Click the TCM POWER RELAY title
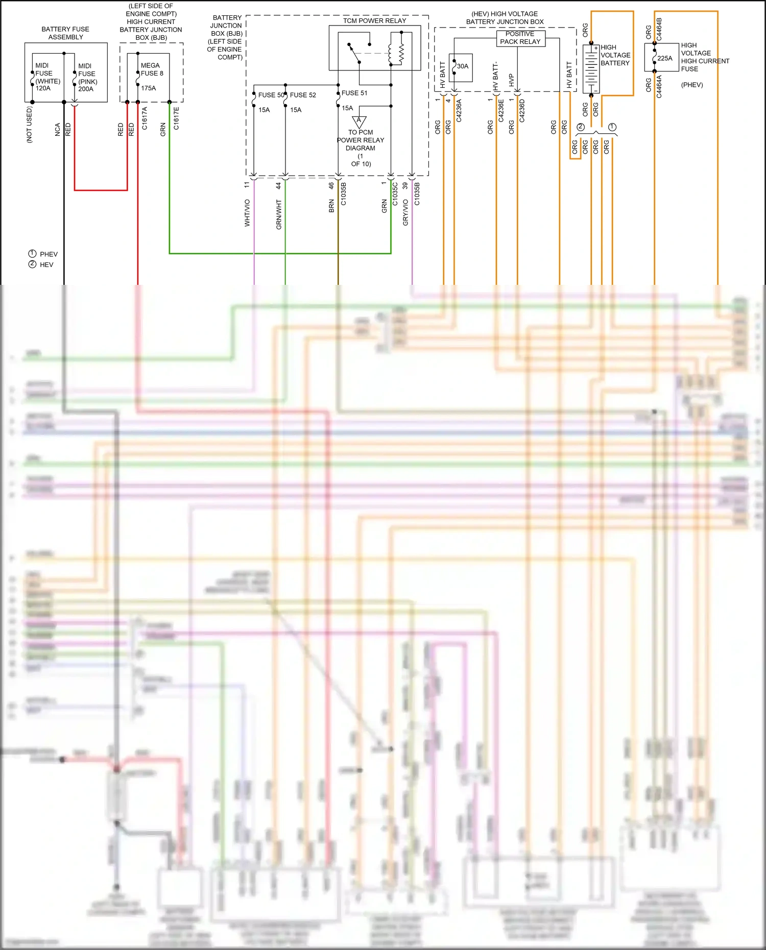click(374, 20)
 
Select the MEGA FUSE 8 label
click(152, 69)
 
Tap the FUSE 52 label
click(303, 95)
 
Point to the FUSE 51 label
click(354, 93)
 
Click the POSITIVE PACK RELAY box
click(520, 38)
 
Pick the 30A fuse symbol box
click(461, 67)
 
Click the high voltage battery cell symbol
click(591, 69)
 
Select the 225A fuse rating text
click(665, 58)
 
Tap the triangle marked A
click(359, 121)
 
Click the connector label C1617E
click(177, 118)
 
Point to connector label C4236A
click(459, 110)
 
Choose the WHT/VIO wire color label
click(247, 213)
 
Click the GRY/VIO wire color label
click(405, 212)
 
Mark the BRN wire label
click(331, 206)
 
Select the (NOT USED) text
click(30, 125)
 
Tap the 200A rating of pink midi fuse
click(86, 89)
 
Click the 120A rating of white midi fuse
click(43, 88)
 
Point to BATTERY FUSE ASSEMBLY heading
click(65, 33)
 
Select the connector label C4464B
click(659, 29)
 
